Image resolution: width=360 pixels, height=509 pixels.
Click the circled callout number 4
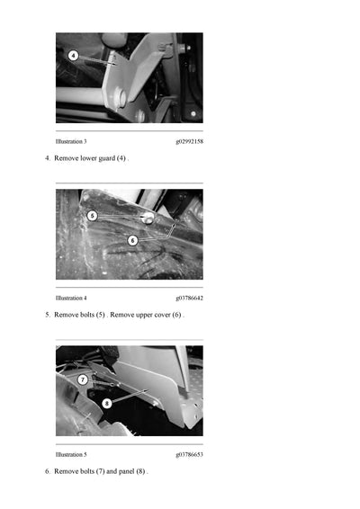(74, 55)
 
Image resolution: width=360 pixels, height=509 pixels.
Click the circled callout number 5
(92, 216)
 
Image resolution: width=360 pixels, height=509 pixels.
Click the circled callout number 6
(132, 240)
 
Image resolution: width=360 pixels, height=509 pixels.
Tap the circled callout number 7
(82, 380)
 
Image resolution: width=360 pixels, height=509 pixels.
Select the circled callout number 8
(107, 404)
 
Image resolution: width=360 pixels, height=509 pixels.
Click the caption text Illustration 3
(71, 141)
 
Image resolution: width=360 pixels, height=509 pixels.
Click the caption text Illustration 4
(71, 298)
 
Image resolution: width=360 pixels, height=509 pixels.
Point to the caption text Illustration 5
(71, 454)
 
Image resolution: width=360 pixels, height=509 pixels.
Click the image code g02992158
(189, 141)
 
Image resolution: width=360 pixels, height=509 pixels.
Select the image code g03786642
(189, 298)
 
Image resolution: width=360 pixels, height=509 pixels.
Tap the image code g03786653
(189, 454)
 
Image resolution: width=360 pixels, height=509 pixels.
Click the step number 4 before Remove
(47, 159)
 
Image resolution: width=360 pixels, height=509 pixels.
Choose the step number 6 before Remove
(47, 472)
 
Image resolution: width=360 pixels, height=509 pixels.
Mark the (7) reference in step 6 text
(100, 472)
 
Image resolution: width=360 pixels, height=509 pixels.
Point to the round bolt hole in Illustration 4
(146, 218)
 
